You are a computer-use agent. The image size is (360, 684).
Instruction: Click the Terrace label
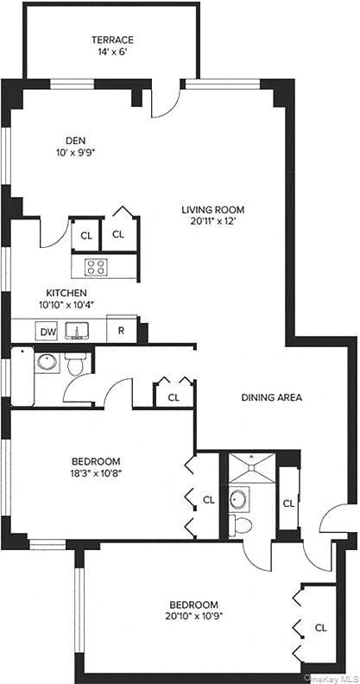[x=113, y=39]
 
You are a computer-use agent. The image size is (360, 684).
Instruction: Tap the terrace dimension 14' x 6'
[x=113, y=52]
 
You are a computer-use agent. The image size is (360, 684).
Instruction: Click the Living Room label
[x=212, y=209]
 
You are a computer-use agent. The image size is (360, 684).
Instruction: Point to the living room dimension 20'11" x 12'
[x=212, y=222]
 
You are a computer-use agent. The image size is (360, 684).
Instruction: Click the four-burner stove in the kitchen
[x=96, y=267]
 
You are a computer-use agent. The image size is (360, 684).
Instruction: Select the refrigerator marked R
[x=122, y=330]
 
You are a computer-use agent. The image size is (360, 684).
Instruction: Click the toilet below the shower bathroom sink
[x=243, y=525]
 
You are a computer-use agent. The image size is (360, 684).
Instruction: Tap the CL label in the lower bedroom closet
[x=320, y=628]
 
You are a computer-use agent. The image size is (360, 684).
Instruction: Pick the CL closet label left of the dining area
[x=174, y=397]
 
